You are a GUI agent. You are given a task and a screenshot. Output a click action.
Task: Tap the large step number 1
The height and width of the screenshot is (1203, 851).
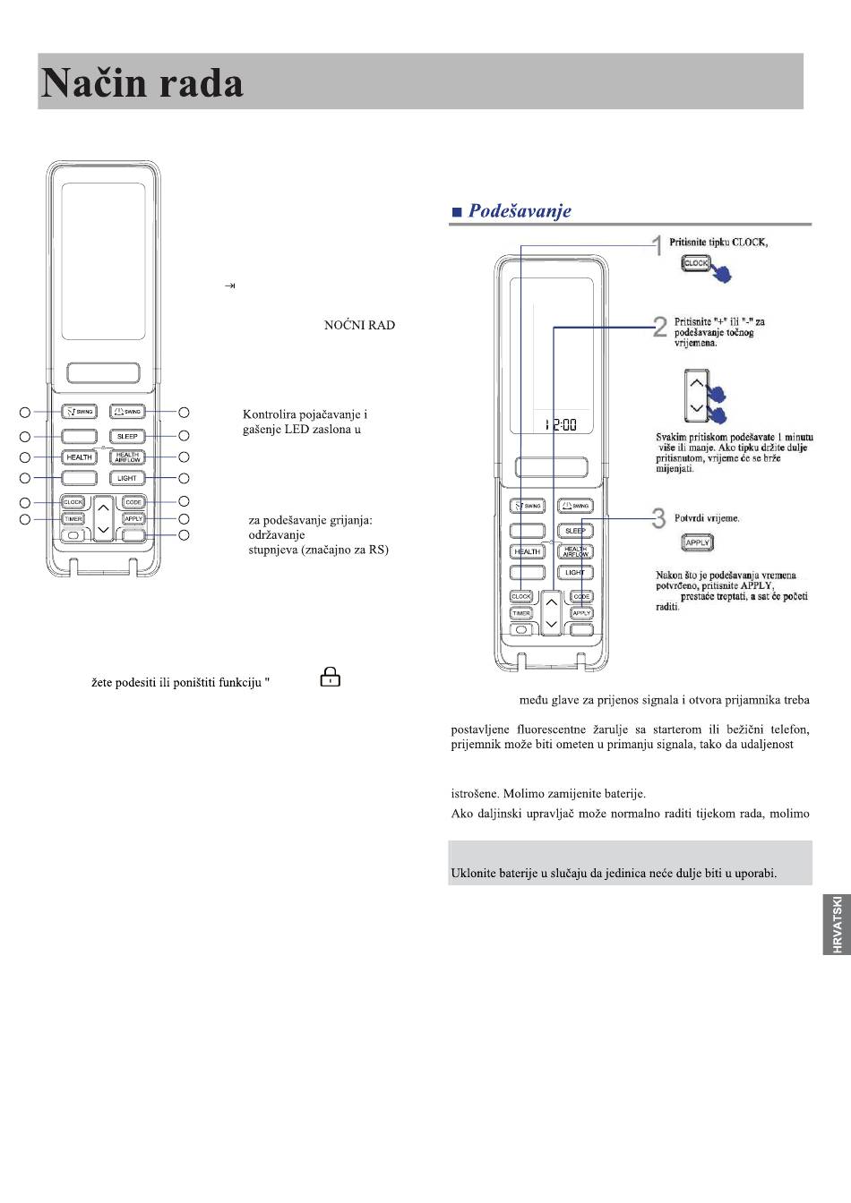pyautogui.click(x=658, y=245)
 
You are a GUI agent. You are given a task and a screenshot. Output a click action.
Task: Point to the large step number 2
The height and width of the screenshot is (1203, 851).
pyautogui.click(x=660, y=328)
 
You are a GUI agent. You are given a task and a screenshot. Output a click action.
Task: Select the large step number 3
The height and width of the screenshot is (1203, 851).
pyautogui.click(x=659, y=518)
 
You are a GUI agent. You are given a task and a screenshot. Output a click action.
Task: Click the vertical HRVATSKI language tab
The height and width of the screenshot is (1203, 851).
pyautogui.click(x=837, y=922)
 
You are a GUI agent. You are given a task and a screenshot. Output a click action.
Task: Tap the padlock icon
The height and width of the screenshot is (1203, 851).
pyautogui.click(x=331, y=678)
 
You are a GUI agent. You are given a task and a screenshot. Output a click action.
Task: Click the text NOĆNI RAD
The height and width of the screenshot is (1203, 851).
pyautogui.click(x=359, y=325)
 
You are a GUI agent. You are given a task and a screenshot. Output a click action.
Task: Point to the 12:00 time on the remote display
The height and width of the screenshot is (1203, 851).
pyautogui.click(x=561, y=424)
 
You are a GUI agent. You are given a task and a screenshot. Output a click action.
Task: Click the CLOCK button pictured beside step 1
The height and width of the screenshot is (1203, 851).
pyautogui.click(x=696, y=263)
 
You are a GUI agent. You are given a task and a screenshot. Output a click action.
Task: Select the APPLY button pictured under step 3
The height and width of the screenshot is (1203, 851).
pyautogui.click(x=697, y=542)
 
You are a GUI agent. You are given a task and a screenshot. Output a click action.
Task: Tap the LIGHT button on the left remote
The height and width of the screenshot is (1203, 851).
pyautogui.click(x=127, y=478)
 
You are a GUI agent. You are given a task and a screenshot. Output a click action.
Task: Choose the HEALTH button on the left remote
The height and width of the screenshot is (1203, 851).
pyautogui.click(x=79, y=457)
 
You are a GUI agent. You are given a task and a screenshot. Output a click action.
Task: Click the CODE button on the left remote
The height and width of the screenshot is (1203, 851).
pyautogui.click(x=133, y=502)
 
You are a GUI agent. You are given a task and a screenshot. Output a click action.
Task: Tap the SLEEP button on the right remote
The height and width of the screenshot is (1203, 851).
pyautogui.click(x=575, y=531)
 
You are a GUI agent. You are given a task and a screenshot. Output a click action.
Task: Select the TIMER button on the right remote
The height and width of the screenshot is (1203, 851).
pyautogui.click(x=521, y=613)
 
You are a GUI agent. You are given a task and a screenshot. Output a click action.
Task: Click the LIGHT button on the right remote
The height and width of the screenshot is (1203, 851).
pyautogui.click(x=575, y=573)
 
